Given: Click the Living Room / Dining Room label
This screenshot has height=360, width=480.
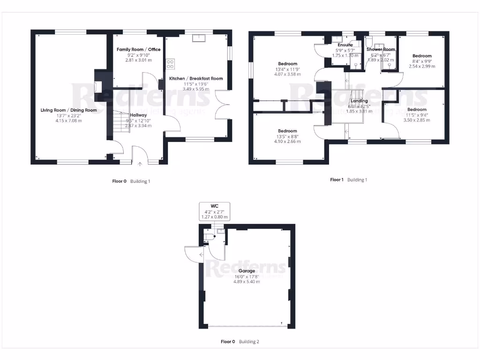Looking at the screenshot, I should click(68, 110).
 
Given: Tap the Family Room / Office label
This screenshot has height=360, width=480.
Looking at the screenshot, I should click(138, 49).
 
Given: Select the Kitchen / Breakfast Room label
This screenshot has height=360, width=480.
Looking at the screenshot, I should click(196, 78).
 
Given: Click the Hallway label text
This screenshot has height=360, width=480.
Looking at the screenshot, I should click(138, 115).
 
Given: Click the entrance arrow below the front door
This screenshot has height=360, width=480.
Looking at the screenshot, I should click(140, 164).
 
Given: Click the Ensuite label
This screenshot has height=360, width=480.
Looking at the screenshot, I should click(345, 45).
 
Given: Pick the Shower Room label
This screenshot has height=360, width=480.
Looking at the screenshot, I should click(381, 49).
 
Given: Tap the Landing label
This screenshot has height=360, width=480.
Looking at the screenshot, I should click(360, 101).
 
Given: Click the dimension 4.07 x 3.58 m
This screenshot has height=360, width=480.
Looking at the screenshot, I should click(287, 74).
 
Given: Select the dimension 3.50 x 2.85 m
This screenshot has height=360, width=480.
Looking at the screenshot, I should click(417, 120).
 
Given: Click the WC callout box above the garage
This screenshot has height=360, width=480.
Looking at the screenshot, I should click(214, 211).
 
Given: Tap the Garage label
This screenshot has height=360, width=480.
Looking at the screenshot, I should click(247, 271).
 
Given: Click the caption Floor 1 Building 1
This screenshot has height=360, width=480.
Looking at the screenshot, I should click(349, 180).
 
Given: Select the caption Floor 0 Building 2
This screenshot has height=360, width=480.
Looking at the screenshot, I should click(240, 342).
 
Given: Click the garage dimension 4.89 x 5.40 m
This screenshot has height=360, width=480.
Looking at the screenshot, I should click(247, 281).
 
